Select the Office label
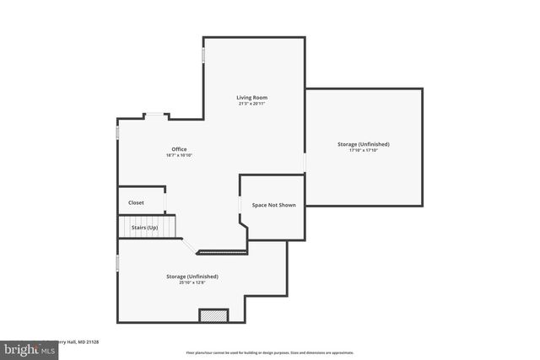pos(179,149)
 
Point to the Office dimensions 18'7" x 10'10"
pos(179,156)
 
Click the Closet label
pos(136,202)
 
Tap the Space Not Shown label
pos(273,205)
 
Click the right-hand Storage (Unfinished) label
pos(363,144)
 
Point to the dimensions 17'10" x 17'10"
pos(363,151)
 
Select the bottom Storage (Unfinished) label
pos(192,277)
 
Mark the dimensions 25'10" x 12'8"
pos(192,283)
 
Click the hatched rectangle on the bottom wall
pos(213,315)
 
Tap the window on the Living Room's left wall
pos(203,54)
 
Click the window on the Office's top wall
pos(156,116)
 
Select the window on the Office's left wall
pos(118,133)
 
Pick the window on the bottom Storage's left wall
pos(118,264)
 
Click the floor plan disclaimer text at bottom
pos(269,352)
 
